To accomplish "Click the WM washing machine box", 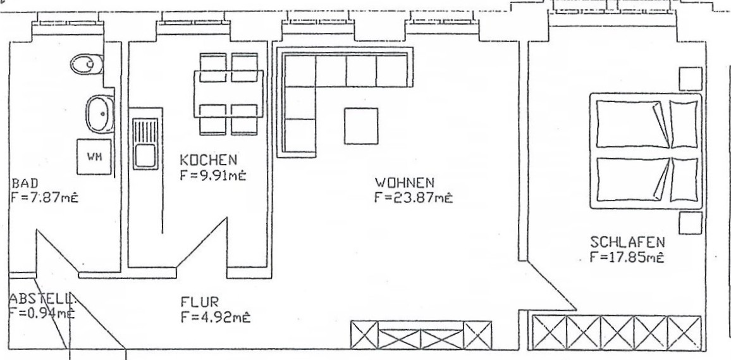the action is [x=94, y=157].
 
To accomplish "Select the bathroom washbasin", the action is [x=99, y=113].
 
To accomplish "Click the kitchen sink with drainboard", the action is [x=145, y=144].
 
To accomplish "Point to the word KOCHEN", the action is [x=209, y=160].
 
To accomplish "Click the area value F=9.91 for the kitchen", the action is [x=212, y=175].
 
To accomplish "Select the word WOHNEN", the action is [x=405, y=182].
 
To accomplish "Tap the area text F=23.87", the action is [x=413, y=198].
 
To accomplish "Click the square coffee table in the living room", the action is [x=361, y=126].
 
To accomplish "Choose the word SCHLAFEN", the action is [x=627, y=242].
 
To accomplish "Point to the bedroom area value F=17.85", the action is [x=627, y=258].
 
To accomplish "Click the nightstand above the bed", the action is [x=691, y=79].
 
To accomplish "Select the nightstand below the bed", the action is [x=691, y=223].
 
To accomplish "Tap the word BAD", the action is [x=25, y=183].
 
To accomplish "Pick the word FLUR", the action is [x=199, y=302].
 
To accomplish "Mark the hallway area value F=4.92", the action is [x=216, y=318].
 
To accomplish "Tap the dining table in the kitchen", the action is [x=228, y=94].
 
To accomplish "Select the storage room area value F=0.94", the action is [x=42, y=313].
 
